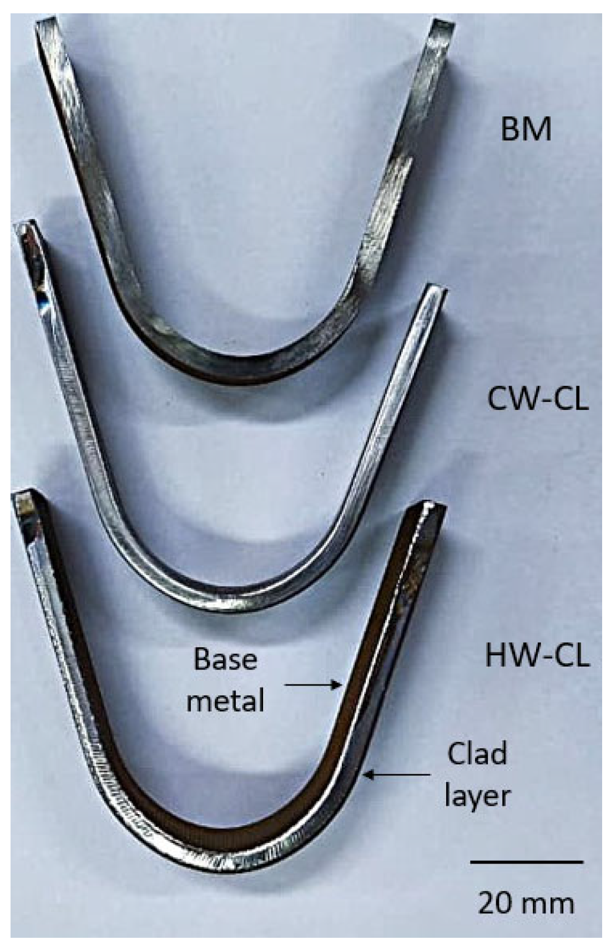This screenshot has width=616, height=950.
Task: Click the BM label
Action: [x=526, y=129]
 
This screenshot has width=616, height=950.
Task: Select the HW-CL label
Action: [x=537, y=656]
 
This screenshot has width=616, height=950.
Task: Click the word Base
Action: [x=225, y=660]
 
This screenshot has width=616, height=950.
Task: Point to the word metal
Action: [x=225, y=701]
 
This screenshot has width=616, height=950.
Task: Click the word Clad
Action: [x=477, y=754]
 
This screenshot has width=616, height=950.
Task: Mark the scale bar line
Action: [x=527, y=877]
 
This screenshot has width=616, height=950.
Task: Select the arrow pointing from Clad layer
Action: [x=396, y=774]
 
